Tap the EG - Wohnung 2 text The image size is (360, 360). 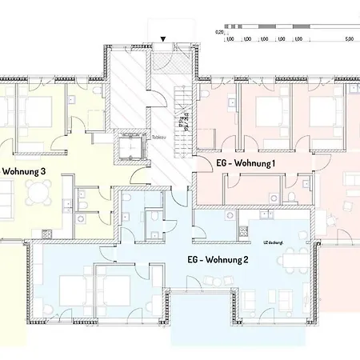(x=218, y=258)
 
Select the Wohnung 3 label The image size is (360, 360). (x=24, y=170)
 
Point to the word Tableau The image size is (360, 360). (x=158, y=137)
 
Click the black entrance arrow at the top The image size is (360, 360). (x=163, y=38)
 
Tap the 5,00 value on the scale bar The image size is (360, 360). (x=350, y=38)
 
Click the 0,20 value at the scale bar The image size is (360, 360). (x=219, y=33)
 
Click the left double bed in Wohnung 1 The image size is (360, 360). (x=264, y=111)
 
